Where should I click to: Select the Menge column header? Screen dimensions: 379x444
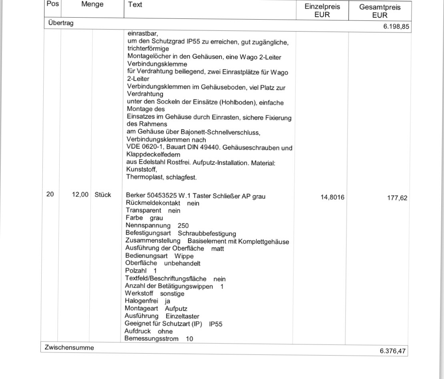[92, 5]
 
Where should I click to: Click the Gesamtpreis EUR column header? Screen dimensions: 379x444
[380, 11]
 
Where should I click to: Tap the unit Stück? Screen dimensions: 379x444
[103, 195]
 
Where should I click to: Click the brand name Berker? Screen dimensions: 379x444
[135, 196]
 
